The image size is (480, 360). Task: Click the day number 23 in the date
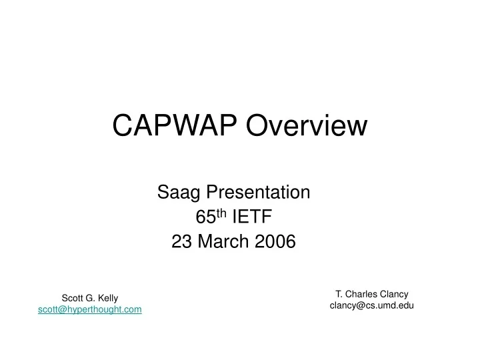(x=181, y=242)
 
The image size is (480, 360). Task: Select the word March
(x=222, y=242)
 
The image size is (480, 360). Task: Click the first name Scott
(x=73, y=299)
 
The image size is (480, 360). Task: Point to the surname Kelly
(x=107, y=299)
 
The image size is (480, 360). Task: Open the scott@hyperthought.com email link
(x=90, y=310)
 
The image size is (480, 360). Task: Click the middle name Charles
(x=363, y=294)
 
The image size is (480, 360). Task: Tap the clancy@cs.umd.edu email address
(x=372, y=305)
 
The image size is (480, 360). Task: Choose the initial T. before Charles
(x=339, y=294)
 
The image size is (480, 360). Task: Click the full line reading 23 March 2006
(x=233, y=242)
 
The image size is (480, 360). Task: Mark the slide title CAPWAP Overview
(x=239, y=125)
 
